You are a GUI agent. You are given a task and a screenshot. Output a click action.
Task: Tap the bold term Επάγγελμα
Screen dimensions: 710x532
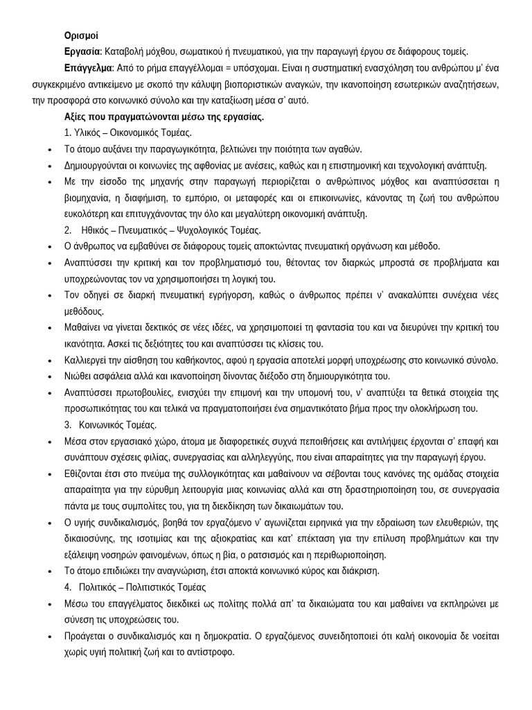click(x=88, y=69)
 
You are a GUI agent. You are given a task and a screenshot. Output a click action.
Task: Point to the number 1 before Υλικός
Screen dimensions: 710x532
click(x=66, y=132)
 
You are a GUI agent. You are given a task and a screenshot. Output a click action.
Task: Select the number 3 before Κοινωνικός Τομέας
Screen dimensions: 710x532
click(x=67, y=424)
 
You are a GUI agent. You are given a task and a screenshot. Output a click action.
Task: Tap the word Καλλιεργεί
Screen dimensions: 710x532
click(x=87, y=360)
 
